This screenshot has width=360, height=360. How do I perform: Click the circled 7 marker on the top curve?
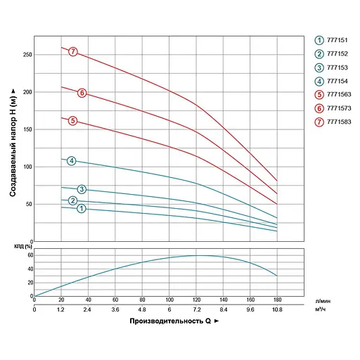pos(72,51)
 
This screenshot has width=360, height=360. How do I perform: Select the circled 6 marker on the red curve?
pos(82,93)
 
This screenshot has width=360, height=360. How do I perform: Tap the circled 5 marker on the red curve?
pos(72,121)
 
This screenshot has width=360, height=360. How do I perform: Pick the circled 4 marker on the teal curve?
pos(72,161)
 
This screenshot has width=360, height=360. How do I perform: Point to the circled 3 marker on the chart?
pos(82,189)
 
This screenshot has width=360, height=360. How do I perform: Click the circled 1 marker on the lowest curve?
pos(82,208)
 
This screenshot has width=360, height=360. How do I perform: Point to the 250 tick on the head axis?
pos(27,55)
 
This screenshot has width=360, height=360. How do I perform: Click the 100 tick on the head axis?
pos(27,167)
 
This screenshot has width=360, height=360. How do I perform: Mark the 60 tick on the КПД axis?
pos(30,255)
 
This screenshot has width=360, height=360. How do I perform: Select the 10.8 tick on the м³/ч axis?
pos(277,309)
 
